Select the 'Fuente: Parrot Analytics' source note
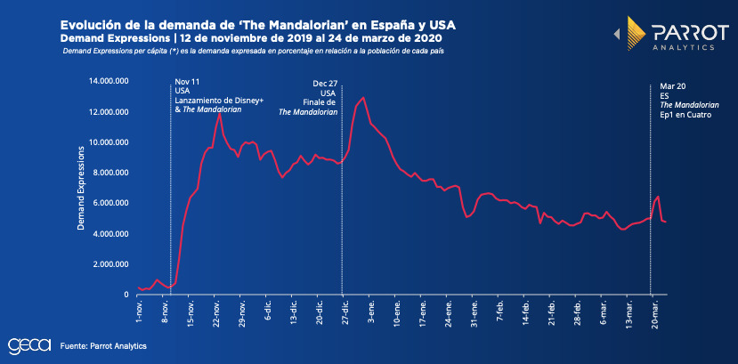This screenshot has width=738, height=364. click(x=103, y=345)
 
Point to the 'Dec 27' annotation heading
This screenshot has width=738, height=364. click(x=326, y=83)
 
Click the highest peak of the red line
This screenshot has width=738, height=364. click(x=363, y=97)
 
